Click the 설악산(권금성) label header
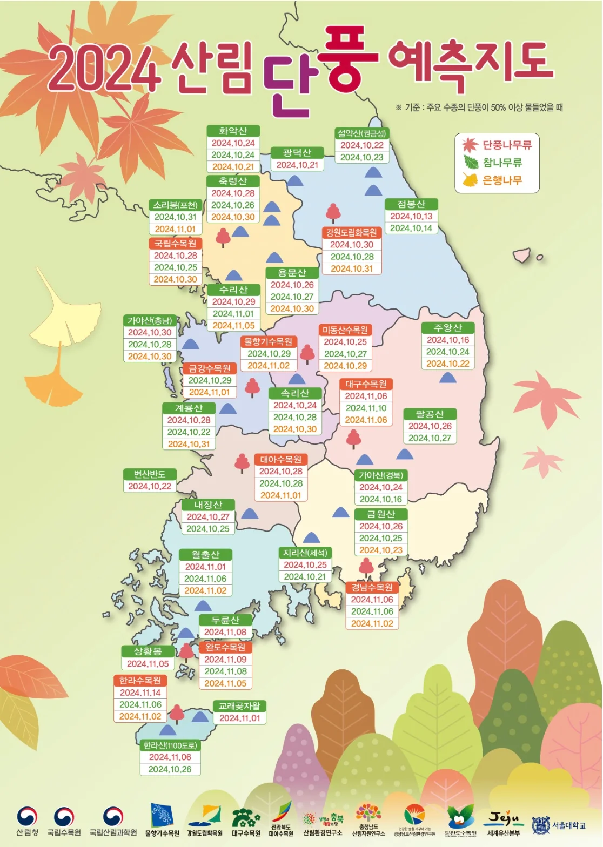click(x=361, y=133)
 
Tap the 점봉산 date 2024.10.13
click(x=411, y=216)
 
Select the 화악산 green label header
click(x=233, y=131)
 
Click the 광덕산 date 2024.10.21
click(x=297, y=165)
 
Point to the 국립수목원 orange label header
click(x=175, y=244)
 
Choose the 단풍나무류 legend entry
click(x=498, y=145)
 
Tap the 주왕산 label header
click(x=448, y=328)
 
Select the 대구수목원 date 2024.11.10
click(x=366, y=408)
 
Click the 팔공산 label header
click(x=430, y=414)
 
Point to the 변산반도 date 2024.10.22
click(x=150, y=486)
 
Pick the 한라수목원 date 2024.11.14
click(x=140, y=693)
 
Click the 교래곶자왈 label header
click(x=239, y=706)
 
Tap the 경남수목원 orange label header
click(x=372, y=588)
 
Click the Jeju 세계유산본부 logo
click(x=504, y=823)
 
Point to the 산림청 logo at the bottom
click(x=27, y=822)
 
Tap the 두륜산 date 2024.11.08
click(x=225, y=632)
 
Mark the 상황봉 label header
click(x=148, y=651)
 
